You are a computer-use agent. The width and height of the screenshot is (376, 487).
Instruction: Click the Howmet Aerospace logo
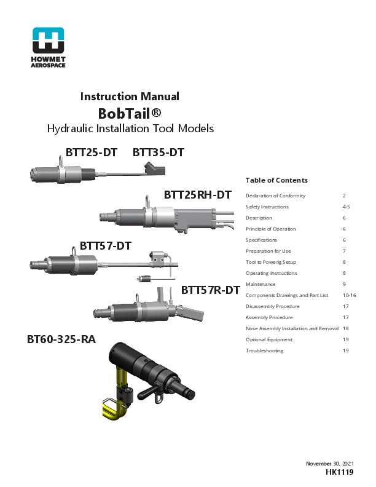click(48, 47)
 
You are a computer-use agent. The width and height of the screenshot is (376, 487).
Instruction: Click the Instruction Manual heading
click(130, 97)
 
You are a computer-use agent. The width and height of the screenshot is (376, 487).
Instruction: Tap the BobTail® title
click(130, 113)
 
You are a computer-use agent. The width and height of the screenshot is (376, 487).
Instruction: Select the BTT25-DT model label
click(92, 152)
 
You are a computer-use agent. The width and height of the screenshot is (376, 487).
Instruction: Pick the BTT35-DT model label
click(159, 152)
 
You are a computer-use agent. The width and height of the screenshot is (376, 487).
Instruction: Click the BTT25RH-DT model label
click(197, 195)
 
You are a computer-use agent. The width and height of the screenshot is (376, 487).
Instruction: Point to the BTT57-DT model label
click(106, 246)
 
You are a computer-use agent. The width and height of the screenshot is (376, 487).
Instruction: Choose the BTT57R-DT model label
click(210, 290)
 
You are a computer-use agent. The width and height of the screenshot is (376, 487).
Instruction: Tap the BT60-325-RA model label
click(61, 339)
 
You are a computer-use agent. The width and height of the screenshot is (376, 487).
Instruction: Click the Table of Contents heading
click(276, 180)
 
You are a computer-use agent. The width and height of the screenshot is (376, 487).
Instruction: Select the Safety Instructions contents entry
click(267, 207)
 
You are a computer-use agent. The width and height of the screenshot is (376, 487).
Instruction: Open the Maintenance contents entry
click(260, 284)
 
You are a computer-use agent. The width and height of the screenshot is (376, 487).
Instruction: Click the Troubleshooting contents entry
click(264, 350)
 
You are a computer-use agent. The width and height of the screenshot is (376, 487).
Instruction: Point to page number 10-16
click(349, 295)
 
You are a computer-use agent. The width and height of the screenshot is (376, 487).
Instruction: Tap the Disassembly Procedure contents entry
click(272, 306)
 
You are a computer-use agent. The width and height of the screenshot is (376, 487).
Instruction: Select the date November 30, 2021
click(330, 462)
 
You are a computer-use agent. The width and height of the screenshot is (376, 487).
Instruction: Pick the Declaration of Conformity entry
click(275, 196)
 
